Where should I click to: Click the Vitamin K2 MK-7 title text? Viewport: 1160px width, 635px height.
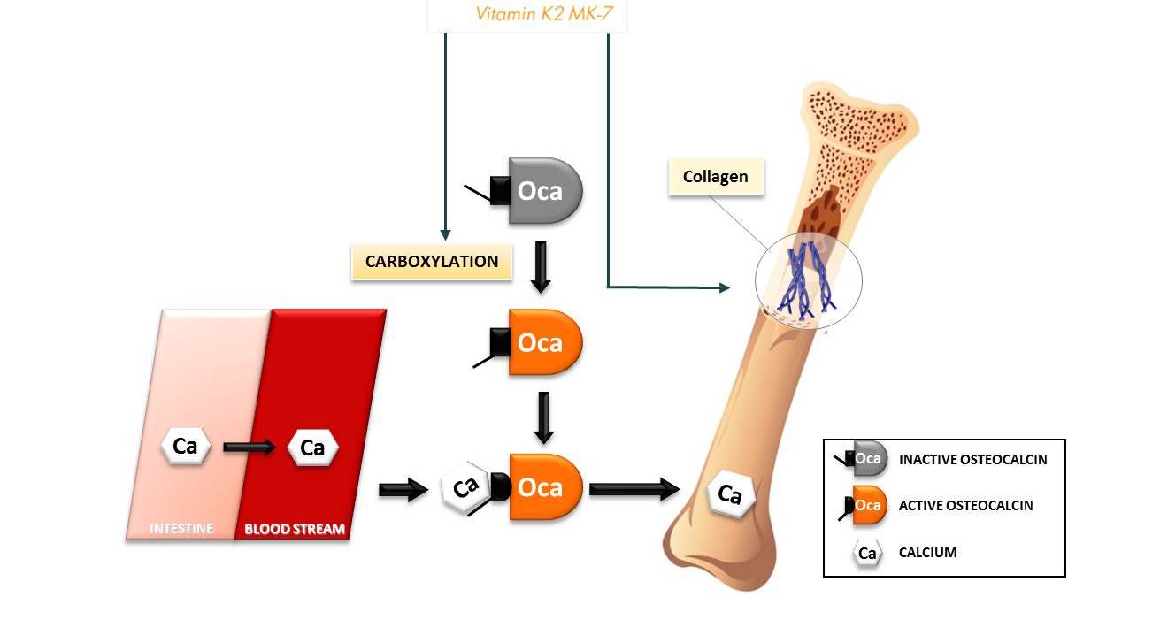(x=544, y=13)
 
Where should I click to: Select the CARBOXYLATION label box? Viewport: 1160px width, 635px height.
(x=432, y=262)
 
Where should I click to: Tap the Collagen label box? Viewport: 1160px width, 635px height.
(x=716, y=177)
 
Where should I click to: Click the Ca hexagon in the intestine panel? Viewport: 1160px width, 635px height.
(x=186, y=446)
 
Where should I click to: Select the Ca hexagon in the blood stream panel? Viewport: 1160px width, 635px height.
(x=313, y=448)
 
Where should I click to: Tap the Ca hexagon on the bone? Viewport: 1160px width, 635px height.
(x=730, y=494)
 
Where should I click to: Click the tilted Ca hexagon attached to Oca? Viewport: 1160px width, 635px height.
(x=466, y=487)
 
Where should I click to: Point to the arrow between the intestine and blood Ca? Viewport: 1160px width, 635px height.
(x=250, y=447)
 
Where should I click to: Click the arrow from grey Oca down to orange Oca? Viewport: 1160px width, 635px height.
(x=541, y=267)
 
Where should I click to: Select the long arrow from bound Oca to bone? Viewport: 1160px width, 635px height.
(x=634, y=488)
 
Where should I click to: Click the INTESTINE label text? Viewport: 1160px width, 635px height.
(x=181, y=528)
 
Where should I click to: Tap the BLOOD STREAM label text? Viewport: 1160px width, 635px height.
(x=295, y=528)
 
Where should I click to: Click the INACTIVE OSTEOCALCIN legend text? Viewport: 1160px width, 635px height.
(x=973, y=460)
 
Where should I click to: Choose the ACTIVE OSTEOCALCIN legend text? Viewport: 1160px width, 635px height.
(x=966, y=506)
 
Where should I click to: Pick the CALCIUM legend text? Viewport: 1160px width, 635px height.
(x=927, y=552)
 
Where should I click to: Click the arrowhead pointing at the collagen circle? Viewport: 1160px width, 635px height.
(x=725, y=287)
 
